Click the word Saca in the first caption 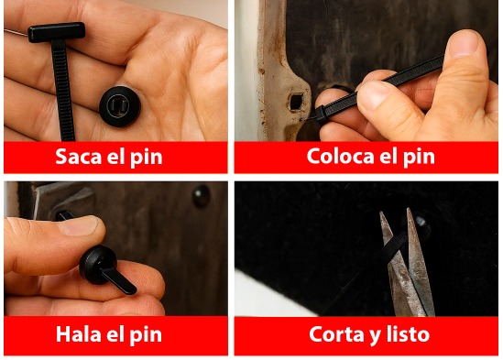pyautogui.click(x=77, y=156)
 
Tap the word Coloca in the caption pyautogui.click(x=338, y=156)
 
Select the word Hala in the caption pyautogui.click(x=78, y=333)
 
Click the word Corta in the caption pyautogui.click(x=337, y=333)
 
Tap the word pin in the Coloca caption pyautogui.click(x=419, y=157)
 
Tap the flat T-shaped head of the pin pyautogui.click(x=56, y=32)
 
